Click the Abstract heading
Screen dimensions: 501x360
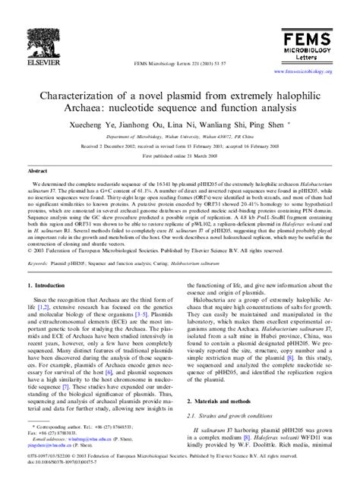click(x=37, y=172)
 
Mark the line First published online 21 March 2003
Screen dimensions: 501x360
click(x=179, y=156)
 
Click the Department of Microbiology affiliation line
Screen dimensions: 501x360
click(x=179, y=138)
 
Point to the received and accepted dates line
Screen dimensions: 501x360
click(x=179, y=147)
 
